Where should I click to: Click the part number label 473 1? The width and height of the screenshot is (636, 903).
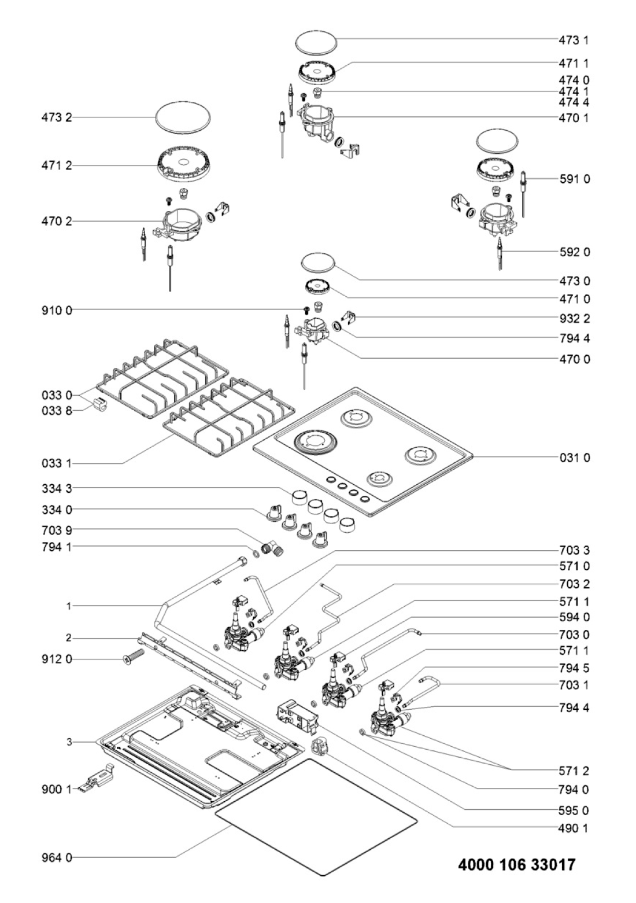tap(574, 40)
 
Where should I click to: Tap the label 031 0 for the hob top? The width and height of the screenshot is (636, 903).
tap(574, 458)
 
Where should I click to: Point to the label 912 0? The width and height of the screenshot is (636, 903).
tap(57, 659)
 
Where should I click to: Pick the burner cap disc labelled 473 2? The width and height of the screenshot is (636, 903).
tap(183, 117)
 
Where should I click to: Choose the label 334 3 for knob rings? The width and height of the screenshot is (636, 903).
tap(57, 489)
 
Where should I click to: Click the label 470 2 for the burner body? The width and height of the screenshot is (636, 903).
tap(57, 222)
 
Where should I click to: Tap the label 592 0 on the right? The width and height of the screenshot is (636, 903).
tap(574, 252)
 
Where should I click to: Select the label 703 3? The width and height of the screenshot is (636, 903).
tap(574, 550)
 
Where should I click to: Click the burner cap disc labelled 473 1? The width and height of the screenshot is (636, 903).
tap(316, 42)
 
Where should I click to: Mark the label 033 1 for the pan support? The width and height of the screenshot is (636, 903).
tap(57, 463)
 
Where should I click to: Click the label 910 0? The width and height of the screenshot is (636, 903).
tap(57, 311)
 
